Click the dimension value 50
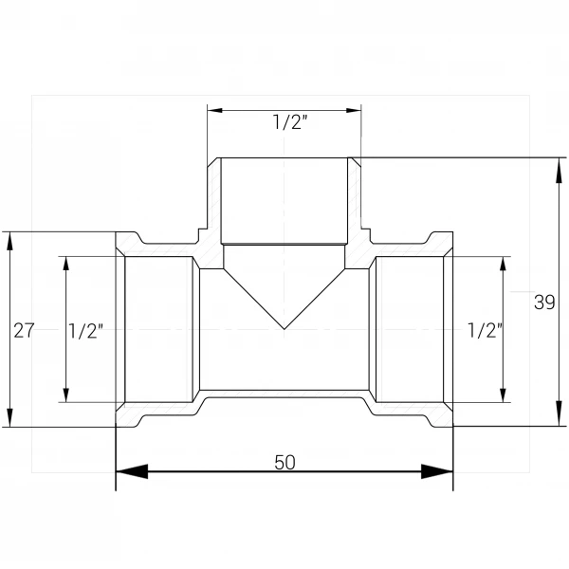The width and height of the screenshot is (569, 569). (284, 463)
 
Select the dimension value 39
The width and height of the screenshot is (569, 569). (544, 302)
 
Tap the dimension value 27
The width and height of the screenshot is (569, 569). (24, 331)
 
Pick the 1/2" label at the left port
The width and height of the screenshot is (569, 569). (85, 331)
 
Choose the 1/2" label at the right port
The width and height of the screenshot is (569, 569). (486, 331)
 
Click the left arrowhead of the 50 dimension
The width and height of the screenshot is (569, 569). (132, 471)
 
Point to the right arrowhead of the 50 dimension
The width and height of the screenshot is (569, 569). (437, 471)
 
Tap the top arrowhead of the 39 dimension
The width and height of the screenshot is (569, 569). (559, 170)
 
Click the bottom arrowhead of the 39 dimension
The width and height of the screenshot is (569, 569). (559, 413)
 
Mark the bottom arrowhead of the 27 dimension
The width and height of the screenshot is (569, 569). (9, 417)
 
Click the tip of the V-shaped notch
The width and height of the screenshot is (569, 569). (284, 329)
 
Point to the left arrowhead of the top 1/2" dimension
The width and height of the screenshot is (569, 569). (215, 110)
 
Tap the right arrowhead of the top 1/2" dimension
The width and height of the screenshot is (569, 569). (354, 110)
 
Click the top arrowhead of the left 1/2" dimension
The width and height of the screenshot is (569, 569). (65, 264)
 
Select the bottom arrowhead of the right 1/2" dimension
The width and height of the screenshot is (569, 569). (503, 395)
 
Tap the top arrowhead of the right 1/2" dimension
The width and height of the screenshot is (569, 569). (503, 264)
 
